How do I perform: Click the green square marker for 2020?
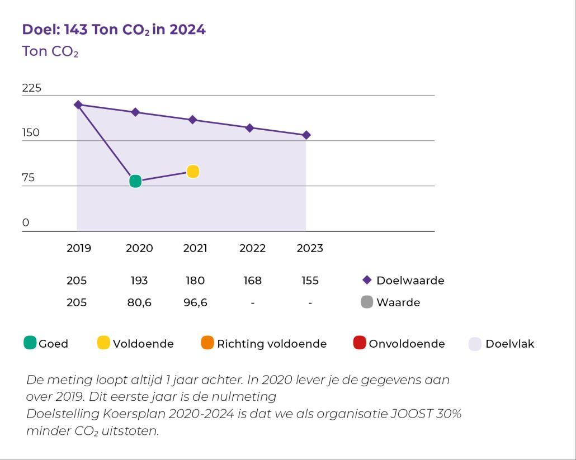pos(135,181)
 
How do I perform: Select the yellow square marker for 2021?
pos(193,172)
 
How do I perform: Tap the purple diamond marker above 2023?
pos(306,135)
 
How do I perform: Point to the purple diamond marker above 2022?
pos(250,128)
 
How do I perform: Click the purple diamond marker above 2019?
pos(78,105)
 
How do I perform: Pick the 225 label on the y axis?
pos(32,88)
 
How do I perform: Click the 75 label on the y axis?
pos(29,178)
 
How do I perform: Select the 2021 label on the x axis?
pos(195,248)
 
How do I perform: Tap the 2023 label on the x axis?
pos(310,248)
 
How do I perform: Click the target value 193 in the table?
pos(139,281)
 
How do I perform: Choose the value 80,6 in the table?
pos(139,303)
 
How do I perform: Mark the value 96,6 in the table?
pos(195,303)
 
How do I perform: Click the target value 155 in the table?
pos(310,281)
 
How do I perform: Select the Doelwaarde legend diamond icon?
pos(367,280)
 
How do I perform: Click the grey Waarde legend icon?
pos(367,302)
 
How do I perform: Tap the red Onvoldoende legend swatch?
pos(360,343)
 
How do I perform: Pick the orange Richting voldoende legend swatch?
pos(207,343)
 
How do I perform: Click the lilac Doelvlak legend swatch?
pos(475,344)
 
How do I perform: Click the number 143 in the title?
pos(75,30)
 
